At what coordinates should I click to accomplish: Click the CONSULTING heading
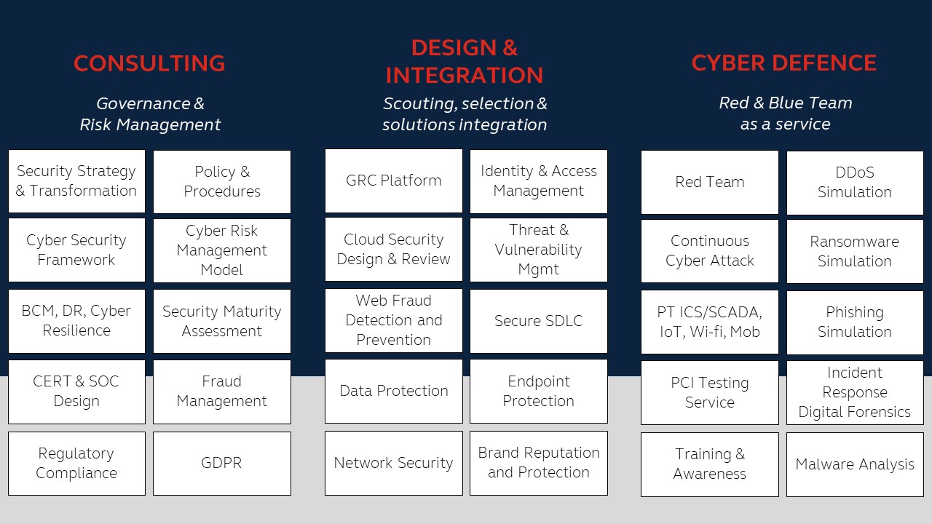[x=149, y=63]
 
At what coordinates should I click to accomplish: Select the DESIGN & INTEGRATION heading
[x=465, y=61]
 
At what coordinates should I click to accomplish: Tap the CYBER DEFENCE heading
[x=783, y=63]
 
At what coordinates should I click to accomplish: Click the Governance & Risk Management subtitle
[x=150, y=114]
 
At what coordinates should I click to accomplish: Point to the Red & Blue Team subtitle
[x=785, y=114]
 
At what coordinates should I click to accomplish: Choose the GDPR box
[x=221, y=463]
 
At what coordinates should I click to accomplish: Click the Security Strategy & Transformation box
[x=76, y=181]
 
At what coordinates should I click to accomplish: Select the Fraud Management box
[x=221, y=392]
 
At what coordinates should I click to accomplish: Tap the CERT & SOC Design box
[x=76, y=392]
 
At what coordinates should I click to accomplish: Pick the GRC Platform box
[x=393, y=180]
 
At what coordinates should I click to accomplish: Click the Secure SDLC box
[x=538, y=321]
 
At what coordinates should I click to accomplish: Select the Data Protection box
[x=393, y=391]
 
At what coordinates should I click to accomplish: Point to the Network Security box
[x=393, y=463]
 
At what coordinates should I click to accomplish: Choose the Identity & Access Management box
[x=538, y=181]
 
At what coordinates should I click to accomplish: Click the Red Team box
[x=709, y=182]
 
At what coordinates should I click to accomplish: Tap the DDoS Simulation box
[x=854, y=183]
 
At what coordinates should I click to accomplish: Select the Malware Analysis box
[x=854, y=464]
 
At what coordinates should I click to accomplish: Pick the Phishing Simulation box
[x=854, y=322]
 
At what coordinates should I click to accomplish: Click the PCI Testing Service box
[x=709, y=392]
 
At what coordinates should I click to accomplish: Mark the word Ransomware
[x=854, y=242]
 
